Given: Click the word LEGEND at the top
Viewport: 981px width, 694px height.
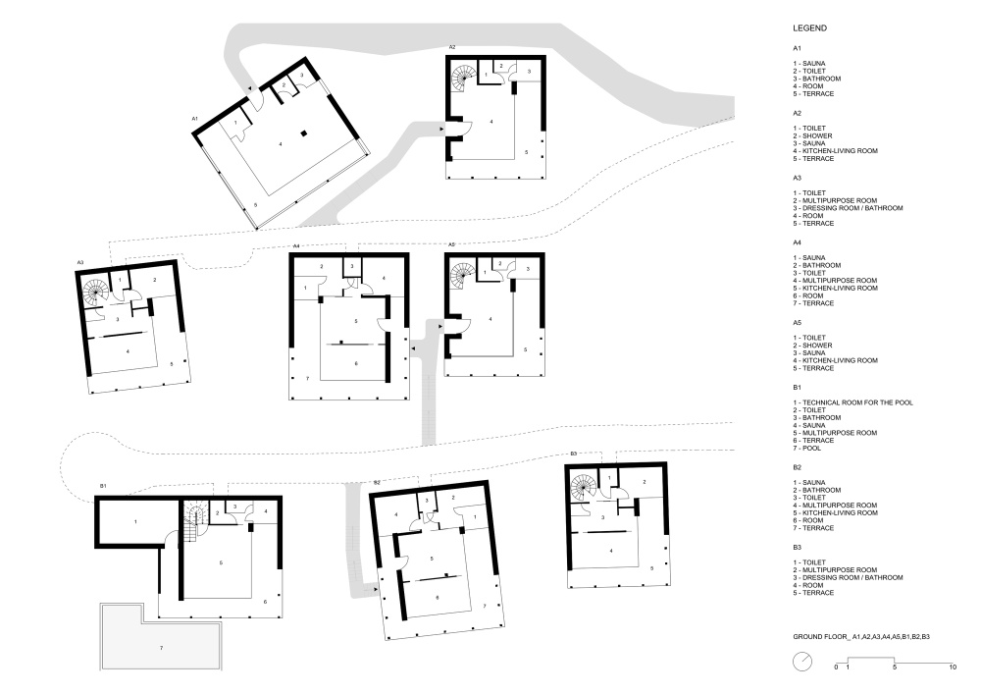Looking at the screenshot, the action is coord(809,28).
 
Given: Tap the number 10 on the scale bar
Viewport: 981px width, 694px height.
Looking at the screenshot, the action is coord(953,667).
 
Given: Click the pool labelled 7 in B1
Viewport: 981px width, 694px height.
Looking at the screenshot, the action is coord(161,638).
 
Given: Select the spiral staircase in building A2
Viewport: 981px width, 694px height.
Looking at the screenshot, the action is coord(464,79).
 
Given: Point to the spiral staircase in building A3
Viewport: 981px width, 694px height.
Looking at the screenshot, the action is coord(96,294).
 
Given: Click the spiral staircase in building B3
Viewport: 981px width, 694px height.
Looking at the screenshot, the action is coord(583,488).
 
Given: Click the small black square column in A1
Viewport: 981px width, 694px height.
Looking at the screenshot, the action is coord(303,133).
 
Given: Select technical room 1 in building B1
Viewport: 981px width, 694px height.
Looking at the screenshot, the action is coord(136,521).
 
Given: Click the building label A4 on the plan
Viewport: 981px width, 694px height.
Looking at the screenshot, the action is coord(296,246).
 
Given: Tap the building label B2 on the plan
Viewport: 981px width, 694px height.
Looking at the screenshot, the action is coord(377,483).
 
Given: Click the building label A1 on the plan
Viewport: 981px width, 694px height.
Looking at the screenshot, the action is coord(195,118).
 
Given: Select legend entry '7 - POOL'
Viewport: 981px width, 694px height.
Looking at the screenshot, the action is coord(807,448).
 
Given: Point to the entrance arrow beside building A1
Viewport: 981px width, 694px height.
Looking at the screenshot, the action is coord(249,89).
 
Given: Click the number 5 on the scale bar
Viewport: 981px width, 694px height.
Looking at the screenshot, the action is coord(894,667).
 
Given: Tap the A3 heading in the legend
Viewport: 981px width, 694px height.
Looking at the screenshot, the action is coord(797,178).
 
